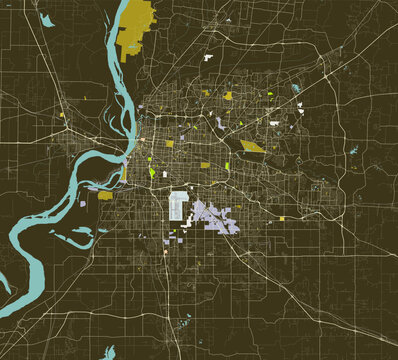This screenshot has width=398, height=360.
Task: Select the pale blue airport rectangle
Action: pos(180,206)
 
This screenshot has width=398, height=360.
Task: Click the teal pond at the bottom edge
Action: pos(183,322)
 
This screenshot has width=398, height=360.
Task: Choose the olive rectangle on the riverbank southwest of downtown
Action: pos(107,196)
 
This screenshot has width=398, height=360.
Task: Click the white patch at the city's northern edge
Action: pos(208,59)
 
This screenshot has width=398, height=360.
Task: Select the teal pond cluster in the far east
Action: pos(352,151)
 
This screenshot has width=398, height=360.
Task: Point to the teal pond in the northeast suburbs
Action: pos(295,89)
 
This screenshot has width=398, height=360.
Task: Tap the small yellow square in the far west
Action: pos(60,116)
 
